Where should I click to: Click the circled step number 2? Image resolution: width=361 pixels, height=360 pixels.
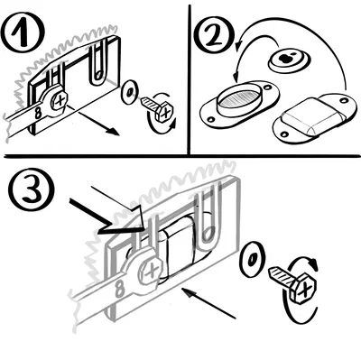pyautogui.click(x=215, y=35)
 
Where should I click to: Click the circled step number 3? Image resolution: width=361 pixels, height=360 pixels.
pyautogui.click(x=32, y=189)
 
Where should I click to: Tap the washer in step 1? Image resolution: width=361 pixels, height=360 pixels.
pyautogui.click(x=129, y=92)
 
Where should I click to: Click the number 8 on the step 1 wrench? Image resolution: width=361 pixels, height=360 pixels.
pyautogui.click(x=38, y=113)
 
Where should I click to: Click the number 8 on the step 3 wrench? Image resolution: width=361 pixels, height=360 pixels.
pyautogui.click(x=120, y=290)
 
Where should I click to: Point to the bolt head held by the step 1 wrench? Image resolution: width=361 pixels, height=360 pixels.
pyautogui.click(x=60, y=100)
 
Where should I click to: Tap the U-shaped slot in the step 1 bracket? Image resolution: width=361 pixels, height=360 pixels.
pyautogui.click(x=99, y=64)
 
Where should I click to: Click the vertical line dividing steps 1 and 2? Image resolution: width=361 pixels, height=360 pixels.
pyautogui.click(x=190, y=79)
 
